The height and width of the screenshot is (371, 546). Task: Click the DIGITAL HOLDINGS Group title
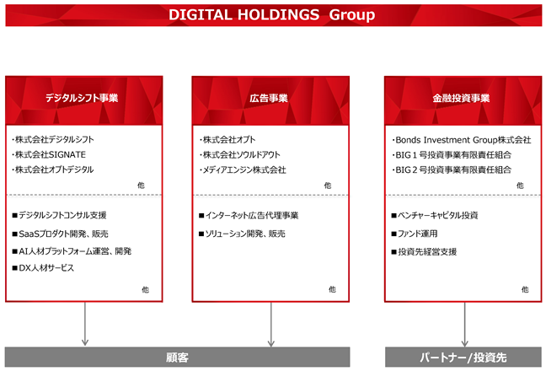click(x=271, y=14)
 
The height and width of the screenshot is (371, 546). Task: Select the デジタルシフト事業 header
click(x=82, y=98)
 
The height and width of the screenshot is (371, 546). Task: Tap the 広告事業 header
click(x=269, y=99)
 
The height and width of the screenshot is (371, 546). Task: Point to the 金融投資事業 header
click(x=461, y=99)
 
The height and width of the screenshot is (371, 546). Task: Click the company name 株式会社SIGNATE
click(x=49, y=154)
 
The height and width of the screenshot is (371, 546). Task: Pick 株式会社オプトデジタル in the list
click(x=52, y=169)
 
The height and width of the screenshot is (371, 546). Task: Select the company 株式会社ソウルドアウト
click(x=240, y=154)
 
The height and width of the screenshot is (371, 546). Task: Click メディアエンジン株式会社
click(x=243, y=170)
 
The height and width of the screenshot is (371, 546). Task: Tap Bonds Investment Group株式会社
click(x=462, y=140)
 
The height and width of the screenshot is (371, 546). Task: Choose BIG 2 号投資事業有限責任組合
click(x=452, y=170)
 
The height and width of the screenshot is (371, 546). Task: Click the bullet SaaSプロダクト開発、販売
click(x=60, y=234)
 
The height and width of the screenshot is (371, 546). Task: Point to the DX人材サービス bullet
click(x=43, y=268)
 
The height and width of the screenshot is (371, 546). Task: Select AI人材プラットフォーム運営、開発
click(x=72, y=251)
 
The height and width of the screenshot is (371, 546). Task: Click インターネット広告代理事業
click(x=249, y=216)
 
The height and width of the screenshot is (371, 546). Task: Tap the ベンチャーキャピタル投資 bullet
click(x=435, y=216)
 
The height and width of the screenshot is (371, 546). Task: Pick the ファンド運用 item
click(x=415, y=234)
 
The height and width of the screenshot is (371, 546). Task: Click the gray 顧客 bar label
click(x=177, y=358)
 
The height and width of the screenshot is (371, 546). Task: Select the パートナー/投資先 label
click(x=463, y=358)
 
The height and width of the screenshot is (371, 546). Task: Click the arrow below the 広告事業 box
click(x=271, y=325)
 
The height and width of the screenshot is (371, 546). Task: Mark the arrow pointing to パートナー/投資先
click(x=464, y=325)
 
